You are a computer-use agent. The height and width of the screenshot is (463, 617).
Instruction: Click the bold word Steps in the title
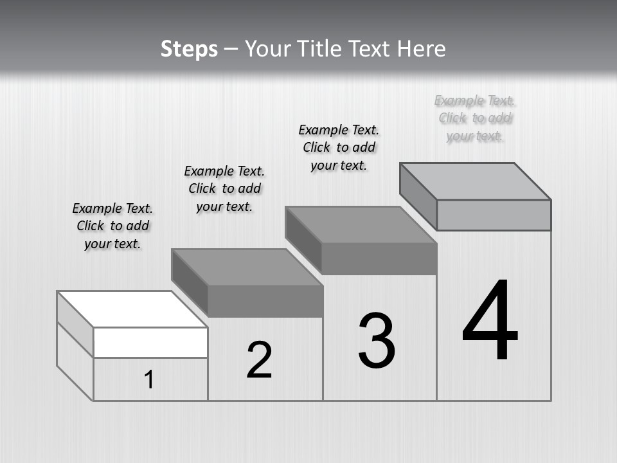[189, 49]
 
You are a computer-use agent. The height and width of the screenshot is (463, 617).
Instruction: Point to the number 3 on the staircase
[377, 341]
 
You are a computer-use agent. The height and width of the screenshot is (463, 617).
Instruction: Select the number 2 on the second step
[259, 360]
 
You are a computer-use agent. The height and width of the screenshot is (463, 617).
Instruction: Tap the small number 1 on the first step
[148, 380]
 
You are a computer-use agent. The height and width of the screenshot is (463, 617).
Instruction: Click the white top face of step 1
[132, 309]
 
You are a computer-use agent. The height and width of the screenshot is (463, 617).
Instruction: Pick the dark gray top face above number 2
[247, 266]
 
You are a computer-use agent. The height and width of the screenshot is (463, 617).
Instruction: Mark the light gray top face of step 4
[476, 181]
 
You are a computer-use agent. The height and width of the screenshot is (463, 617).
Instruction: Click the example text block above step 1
[112, 226]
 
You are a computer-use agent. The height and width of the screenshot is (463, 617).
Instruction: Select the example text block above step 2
[224, 188]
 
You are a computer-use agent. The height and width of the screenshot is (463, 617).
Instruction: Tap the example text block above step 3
[339, 147]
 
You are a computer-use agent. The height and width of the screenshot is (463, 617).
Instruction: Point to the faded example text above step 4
[475, 118]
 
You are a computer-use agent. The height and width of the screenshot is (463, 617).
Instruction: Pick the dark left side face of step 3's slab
[303, 239]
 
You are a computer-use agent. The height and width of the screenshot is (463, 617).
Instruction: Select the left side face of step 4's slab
[418, 195]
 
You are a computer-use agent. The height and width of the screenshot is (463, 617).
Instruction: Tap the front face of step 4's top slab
[494, 215]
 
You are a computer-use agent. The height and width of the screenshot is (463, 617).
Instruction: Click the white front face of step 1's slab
[150, 342]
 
